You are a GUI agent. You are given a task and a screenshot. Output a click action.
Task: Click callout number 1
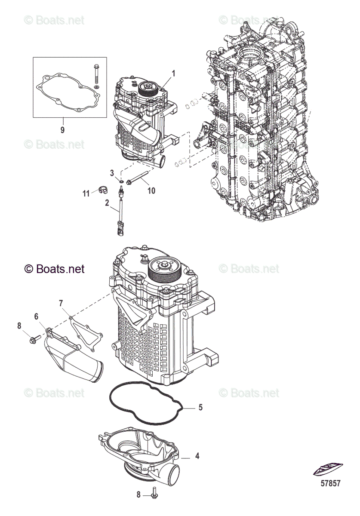point(173,74)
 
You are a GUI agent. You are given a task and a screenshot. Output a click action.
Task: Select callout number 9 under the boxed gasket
point(62,130)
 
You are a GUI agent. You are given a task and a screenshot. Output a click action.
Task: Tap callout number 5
point(200,407)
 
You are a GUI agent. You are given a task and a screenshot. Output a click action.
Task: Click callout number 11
point(86,193)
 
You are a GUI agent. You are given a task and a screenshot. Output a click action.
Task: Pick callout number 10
point(151,190)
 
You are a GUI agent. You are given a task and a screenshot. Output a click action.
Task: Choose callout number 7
point(61,304)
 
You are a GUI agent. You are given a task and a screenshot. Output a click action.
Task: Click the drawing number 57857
point(330,483)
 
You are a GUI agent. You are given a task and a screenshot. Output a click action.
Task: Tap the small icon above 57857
point(328,468)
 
